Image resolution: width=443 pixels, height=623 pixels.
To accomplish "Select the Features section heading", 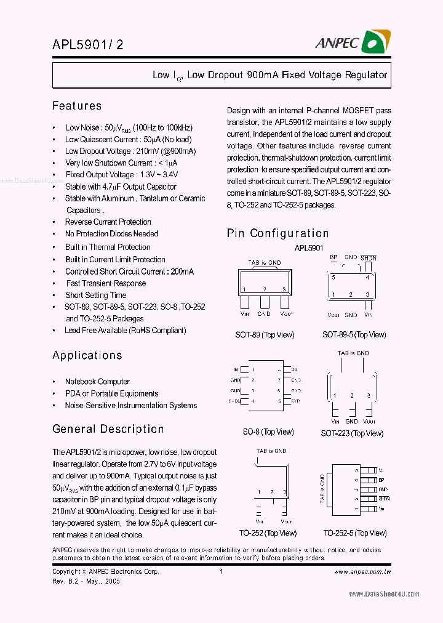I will [77, 106].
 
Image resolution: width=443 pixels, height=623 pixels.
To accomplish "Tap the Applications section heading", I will [87, 355].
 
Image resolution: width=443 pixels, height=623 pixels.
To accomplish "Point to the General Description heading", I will [108, 429].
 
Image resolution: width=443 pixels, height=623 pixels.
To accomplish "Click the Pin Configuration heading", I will [277, 233].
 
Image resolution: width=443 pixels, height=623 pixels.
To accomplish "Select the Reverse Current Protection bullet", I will [108, 222].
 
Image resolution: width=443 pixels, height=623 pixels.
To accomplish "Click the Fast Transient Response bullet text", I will [106, 283].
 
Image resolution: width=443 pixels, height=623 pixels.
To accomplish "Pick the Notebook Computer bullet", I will [97, 382].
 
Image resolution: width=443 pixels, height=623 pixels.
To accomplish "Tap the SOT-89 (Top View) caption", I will [265, 335].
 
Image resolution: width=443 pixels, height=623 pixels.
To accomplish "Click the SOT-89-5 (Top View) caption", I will [354, 335].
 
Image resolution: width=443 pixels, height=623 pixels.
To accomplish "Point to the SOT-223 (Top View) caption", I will [351, 433].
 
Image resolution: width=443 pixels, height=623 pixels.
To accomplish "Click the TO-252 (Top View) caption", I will [268, 533].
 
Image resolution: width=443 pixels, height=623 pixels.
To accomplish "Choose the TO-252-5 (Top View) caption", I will [355, 533].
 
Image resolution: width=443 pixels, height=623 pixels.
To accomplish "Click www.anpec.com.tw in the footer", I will [362, 571].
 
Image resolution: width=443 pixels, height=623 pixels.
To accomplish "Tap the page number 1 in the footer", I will [220, 571].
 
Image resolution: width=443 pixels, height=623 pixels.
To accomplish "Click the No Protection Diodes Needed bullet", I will [111, 233].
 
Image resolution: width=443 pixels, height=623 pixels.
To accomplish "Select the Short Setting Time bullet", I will [95, 295].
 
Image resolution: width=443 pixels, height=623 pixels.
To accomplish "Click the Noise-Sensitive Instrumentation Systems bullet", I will [130, 405].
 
